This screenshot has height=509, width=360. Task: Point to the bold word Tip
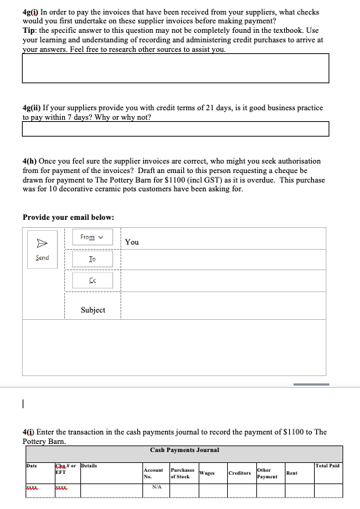pyautogui.click(x=29, y=31)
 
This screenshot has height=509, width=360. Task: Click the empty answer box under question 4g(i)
pyautogui.click(x=175, y=68)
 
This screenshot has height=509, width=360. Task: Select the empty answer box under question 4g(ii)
pyautogui.click(x=175, y=129)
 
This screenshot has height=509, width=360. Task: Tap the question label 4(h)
pyautogui.click(x=32, y=160)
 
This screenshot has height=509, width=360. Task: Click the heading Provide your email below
pyautogui.click(x=68, y=217)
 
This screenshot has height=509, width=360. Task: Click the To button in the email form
pyautogui.click(x=91, y=259)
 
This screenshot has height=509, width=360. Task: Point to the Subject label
pyautogui.click(x=93, y=310)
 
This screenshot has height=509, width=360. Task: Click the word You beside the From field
pyautogui.click(x=132, y=242)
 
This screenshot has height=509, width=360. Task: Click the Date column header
pyautogui.click(x=31, y=465)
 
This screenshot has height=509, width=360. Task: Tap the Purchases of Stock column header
pyautogui.click(x=182, y=472)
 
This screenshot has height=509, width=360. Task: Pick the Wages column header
pyautogui.click(x=207, y=472)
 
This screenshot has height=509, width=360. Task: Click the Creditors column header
pyautogui.click(x=240, y=472)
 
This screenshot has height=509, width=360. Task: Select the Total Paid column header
pyautogui.click(x=327, y=465)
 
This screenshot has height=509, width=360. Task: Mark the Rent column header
pyautogui.click(x=291, y=472)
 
